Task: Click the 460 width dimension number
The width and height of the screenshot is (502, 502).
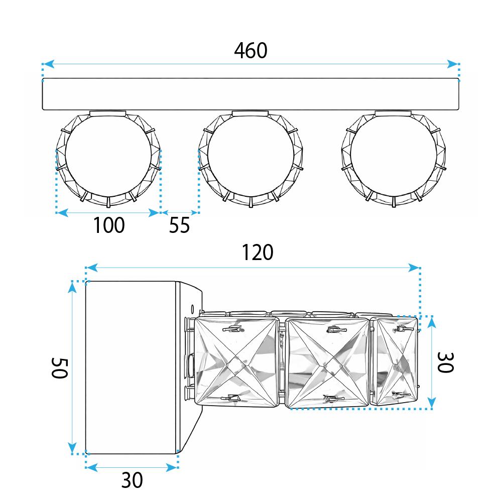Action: [x=250, y=51]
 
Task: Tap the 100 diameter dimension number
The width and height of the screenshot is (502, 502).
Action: [x=108, y=225]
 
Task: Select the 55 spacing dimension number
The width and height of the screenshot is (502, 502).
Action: [x=179, y=225]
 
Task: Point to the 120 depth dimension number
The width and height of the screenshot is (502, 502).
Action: [x=258, y=253]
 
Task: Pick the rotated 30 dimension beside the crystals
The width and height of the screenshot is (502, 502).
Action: [x=445, y=362]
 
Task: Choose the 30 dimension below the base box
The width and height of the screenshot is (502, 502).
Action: [x=132, y=480]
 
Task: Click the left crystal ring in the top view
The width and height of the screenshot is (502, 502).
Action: [x=108, y=159]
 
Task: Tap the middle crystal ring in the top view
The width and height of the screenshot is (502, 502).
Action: [x=250, y=159]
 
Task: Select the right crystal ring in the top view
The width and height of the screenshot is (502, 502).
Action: [x=393, y=159]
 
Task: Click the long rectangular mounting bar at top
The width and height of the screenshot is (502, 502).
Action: [x=250, y=94]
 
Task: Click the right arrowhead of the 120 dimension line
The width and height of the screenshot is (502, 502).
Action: [x=415, y=268]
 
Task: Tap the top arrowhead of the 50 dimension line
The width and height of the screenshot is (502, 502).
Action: [x=73, y=286]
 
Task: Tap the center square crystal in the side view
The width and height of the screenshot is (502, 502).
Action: [x=328, y=362]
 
